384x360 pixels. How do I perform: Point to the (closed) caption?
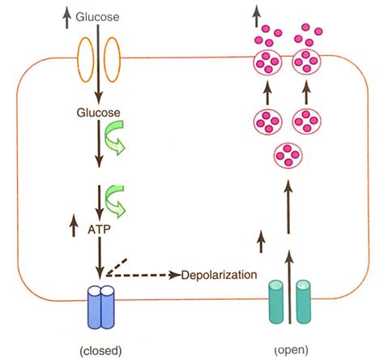101,350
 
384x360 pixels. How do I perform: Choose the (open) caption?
290,350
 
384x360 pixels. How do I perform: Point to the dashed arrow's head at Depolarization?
176,276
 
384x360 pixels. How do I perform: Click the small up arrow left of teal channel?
261,238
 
